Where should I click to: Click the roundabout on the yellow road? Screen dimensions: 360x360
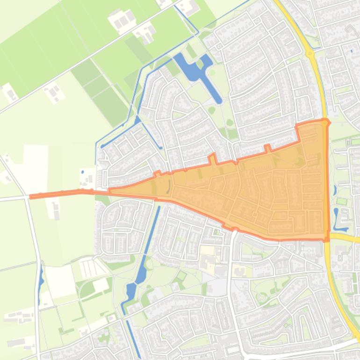click(310, 54)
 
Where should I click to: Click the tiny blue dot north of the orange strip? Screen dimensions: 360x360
click(83, 172)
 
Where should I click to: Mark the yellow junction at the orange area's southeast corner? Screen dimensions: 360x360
click(328, 238)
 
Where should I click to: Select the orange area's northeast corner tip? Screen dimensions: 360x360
click(326, 122)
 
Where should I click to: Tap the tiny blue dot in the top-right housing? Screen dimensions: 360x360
click(352, 51)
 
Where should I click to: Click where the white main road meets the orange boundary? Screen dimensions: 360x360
click(234, 230)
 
